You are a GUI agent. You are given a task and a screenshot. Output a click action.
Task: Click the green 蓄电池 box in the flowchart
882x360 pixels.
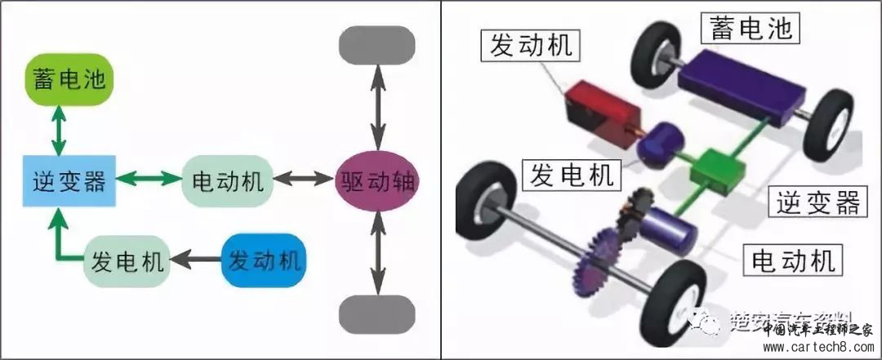[x=69, y=80]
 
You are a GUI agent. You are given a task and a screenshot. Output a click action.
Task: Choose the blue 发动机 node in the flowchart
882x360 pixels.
[x=264, y=261]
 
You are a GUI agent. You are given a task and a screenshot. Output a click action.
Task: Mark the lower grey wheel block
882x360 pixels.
[x=376, y=314]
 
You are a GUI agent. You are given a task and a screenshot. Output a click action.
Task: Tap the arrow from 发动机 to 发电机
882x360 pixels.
[x=194, y=261]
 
